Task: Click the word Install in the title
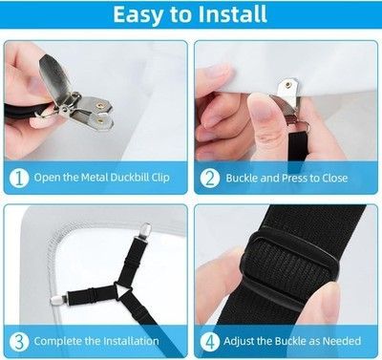tap(232, 14)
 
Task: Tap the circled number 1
tap(19, 178)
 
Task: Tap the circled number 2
tap(210, 178)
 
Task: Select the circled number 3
tap(19, 342)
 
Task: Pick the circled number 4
tap(210, 342)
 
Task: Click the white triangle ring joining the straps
tap(123, 290)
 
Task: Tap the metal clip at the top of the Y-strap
tap(146, 230)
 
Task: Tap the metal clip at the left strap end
tap(58, 299)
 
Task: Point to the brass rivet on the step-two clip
tap(288, 85)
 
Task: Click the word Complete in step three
tap(57, 342)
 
